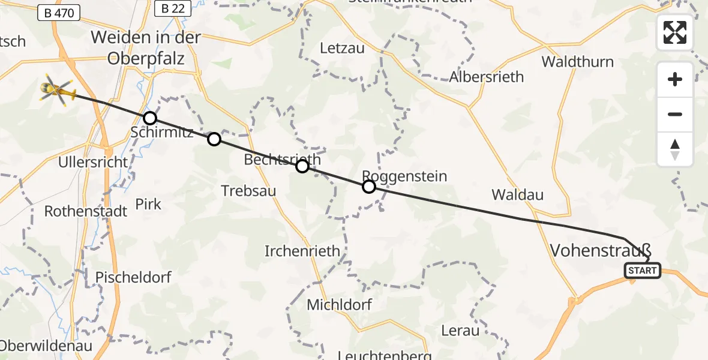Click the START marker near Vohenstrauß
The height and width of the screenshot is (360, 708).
[x=643, y=271]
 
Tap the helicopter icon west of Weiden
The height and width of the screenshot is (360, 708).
[x=58, y=91]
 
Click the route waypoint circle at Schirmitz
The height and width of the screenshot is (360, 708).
[x=150, y=118]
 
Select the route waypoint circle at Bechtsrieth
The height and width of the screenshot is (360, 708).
[x=302, y=166]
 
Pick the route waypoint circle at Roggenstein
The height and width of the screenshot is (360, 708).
[x=369, y=187]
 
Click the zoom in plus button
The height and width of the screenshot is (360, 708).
[x=675, y=79]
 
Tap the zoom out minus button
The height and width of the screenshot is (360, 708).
[x=675, y=114]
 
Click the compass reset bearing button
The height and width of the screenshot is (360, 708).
[x=675, y=149]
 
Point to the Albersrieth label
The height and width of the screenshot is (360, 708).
[x=487, y=77]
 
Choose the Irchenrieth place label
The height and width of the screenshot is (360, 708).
[x=302, y=251]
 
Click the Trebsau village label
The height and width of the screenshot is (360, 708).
[x=248, y=191]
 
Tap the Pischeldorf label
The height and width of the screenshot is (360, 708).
[x=133, y=277]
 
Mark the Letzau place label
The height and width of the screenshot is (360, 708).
[x=343, y=49]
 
